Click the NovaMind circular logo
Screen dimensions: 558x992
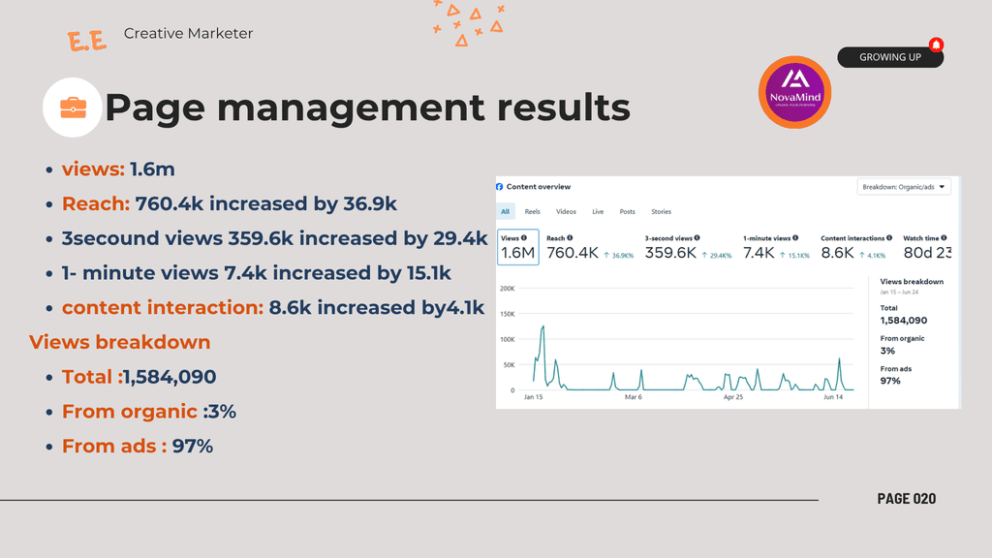[x=794, y=92]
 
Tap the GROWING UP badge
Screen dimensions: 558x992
[x=889, y=57]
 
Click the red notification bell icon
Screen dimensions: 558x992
[x=936, y=45]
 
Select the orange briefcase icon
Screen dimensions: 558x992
[x=73, y=107]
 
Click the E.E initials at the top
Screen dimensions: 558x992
[x=87, y=41]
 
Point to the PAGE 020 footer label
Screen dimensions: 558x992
[x=907, y=498]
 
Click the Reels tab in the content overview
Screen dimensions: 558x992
[x=533, y=211]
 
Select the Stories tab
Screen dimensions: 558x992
[x=661, y=211]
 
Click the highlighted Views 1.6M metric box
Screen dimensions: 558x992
[x=517, y=247]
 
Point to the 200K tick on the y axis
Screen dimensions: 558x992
[x=507, y=289]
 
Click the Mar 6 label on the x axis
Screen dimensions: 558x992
[x=634, y=397]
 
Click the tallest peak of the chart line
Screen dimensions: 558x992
[x=543, y=327]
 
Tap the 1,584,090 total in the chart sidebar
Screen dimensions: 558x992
[x=904, y=321]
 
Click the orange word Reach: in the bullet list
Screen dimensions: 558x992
[x=96, y=203]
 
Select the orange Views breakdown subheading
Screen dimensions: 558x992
[x=119, y=342]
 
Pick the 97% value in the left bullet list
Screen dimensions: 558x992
[x=193, y=447]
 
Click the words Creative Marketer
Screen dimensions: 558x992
[x=188, y=33]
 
